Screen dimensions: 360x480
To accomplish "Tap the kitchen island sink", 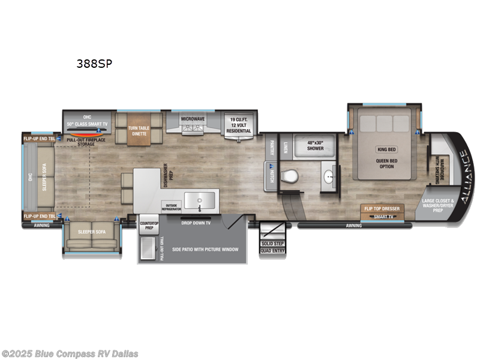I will [x=200, y=199].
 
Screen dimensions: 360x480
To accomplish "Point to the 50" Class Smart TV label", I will [x=88, y=124].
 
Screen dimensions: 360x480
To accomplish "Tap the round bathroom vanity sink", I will [x=329, y=178].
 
